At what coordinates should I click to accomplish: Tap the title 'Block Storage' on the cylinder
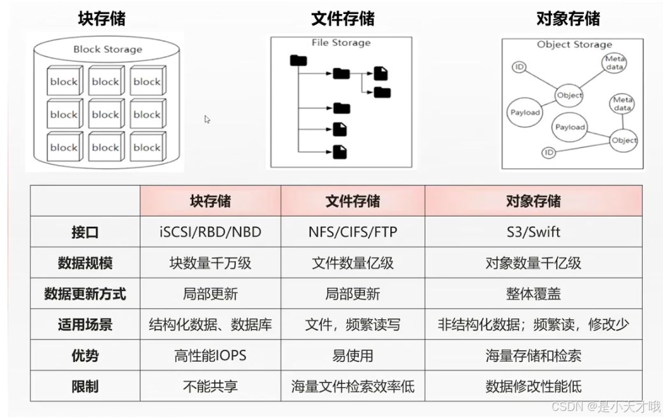107,49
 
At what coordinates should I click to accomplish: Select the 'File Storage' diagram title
340,43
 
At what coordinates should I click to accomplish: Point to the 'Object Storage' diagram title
574,45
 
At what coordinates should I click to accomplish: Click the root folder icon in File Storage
298,61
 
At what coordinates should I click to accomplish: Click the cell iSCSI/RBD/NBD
210,232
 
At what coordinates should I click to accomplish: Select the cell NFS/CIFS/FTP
353,232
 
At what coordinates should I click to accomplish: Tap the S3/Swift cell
533,232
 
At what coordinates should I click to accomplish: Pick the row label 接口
85,232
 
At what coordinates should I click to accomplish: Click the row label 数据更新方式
85,294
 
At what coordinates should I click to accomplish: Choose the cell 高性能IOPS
210,356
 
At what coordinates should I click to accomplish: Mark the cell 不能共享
210,386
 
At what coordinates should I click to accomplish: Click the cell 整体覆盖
533,294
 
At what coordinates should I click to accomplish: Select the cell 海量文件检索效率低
353,386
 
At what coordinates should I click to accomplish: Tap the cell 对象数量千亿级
533,263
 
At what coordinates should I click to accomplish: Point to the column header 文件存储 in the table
353,201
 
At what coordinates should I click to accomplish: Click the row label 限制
85,386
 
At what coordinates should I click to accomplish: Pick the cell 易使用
353,356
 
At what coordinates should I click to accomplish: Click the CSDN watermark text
606,407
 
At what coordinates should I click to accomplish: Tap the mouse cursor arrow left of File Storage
207,119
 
